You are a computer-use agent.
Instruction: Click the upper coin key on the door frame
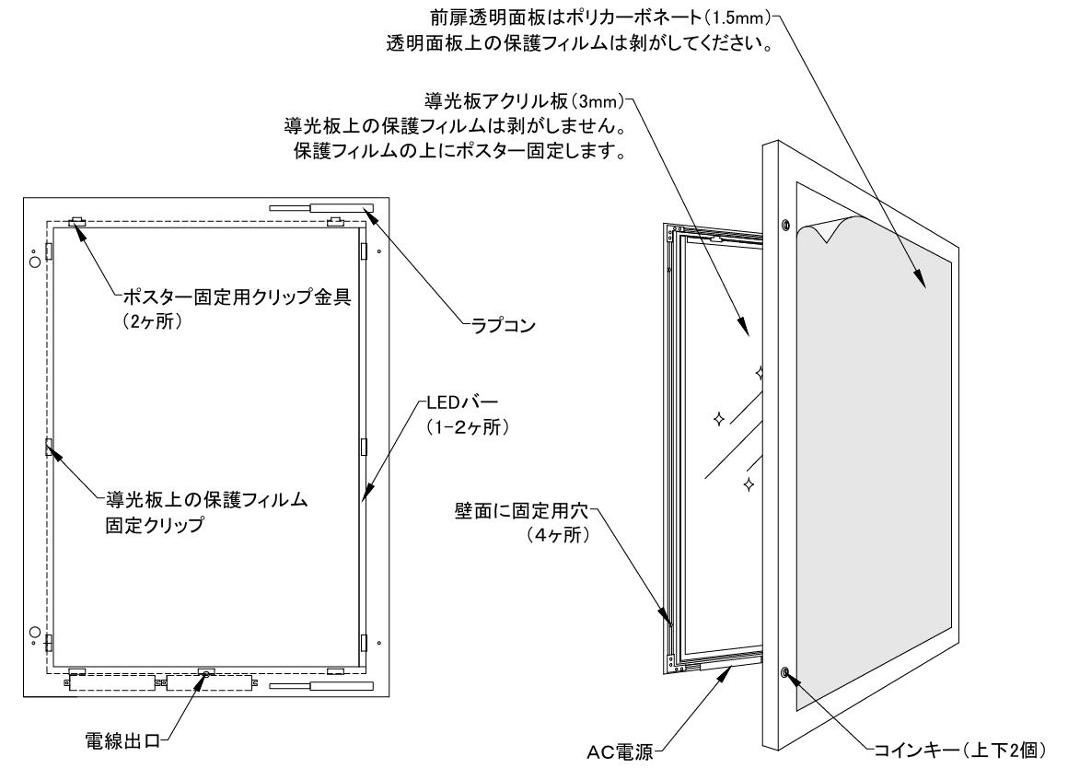[784, 225]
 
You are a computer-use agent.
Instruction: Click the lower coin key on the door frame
[784, 673]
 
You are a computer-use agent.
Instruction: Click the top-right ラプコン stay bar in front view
[341, 208]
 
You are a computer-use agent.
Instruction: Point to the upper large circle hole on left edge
[35, 262]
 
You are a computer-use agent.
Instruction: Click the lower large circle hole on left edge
[35, 633]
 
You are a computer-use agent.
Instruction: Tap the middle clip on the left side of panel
[48, 447]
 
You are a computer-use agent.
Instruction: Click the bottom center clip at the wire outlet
[205, 671]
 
